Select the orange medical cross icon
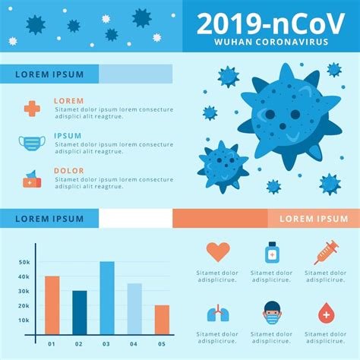coord(32,108)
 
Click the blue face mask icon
coord(32,143)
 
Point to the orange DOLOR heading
coord(69,171)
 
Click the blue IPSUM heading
coord(68,136)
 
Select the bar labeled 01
coord(52,305)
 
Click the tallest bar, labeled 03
coord(107,298)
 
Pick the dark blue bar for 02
coord(80,312)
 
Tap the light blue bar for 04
coord(134,308)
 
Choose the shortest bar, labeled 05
coord(162,320)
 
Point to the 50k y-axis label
coord(24,262)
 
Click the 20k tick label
coord(24,305)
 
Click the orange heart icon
coord(218,251)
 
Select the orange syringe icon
coord(326,251)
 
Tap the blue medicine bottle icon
coord(272,252)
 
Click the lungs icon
coord(218,312)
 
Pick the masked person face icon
coord(272,312)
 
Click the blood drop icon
coord(326,312)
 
